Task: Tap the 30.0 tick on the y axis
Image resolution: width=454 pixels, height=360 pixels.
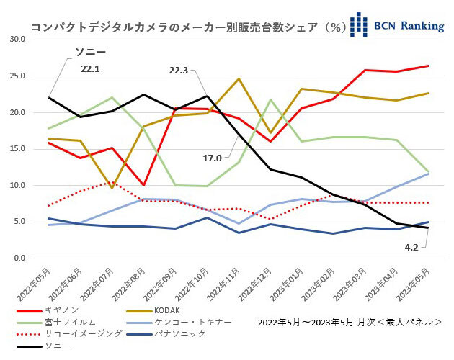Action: tap(17, 39)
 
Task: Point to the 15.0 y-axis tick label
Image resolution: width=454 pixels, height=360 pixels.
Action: tap(17, 149)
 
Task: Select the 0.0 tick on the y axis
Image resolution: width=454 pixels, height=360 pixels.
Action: tap(19, 258)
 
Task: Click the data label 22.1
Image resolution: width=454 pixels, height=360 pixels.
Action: tap(90, 68)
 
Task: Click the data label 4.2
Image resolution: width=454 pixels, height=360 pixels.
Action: tap(411, 247)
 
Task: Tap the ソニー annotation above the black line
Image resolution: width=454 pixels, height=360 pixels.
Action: tap(91, 53)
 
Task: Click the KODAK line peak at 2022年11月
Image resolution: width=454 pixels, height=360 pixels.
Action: tap(239, 79)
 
